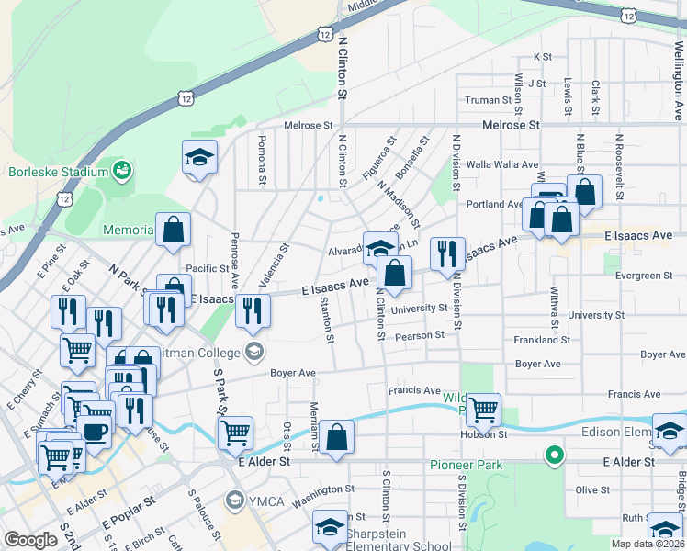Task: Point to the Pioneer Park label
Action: pyautogui.click(x=467, y=465)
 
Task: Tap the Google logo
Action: pyautogui.click(x=31, y=540)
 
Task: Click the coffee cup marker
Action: pyautogui.click(x=94, y=431)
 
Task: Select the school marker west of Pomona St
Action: pyautogui.click(x=199, y=157)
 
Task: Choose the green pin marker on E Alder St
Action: pyautogui.click(x=553, y=455)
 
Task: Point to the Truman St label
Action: pyautogui.click(x=488, y=100)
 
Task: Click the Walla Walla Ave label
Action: pyautogui.click(x=502, y=164)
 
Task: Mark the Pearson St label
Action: pyautogui.click(x=419, y=335)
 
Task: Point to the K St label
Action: pyautogui.click(x=541, y=57)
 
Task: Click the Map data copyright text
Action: pyautogui.click(x=649, y=544)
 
